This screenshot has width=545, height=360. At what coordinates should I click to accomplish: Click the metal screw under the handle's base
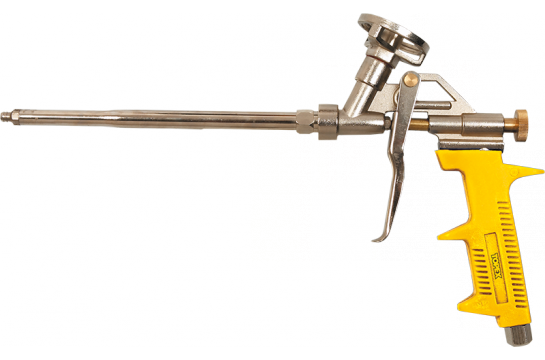[526, 338]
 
